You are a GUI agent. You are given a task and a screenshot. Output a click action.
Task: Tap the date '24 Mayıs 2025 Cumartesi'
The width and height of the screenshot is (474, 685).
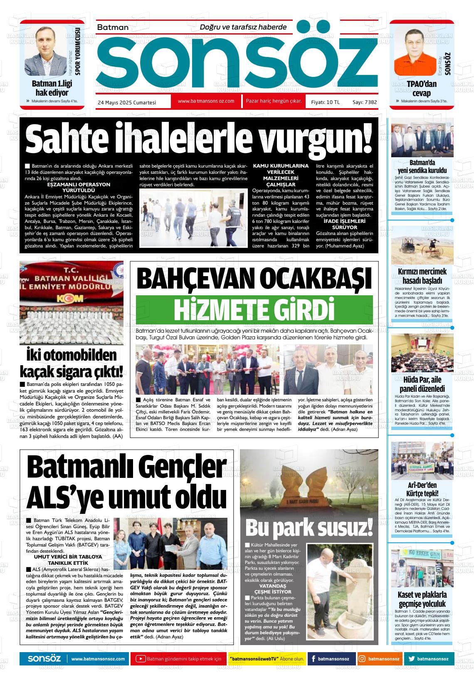[x=127, y=102]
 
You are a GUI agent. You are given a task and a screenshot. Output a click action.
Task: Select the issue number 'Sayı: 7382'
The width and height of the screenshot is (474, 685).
[x=365, y=102]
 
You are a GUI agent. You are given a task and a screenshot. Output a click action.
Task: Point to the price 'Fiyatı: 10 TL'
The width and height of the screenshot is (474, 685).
[x=326, y=102]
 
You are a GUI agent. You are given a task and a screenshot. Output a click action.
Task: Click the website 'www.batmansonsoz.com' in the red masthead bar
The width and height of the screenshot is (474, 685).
[x=206, y=101]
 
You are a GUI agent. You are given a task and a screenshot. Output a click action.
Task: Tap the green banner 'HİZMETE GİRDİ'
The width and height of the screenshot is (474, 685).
[x=254, y=309]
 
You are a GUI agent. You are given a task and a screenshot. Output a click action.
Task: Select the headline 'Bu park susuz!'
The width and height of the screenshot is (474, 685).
[x=309, y=529]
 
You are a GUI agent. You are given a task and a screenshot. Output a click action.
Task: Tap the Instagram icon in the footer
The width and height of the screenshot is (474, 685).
[x=362, y=659]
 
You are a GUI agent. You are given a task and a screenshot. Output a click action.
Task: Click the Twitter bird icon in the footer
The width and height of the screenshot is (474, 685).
[x=411, y=659]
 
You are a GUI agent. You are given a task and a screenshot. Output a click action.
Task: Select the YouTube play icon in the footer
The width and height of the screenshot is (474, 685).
[x=141, y=659]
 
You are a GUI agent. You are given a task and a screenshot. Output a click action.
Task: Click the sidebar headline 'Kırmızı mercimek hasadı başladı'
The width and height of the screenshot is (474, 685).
[x=422, y=276]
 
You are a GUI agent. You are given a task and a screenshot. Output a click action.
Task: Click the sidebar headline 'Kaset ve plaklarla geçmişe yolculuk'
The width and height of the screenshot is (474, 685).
[x=422, y=599]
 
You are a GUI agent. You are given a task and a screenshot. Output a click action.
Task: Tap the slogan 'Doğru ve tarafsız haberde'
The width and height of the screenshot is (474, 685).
[x=243, y=27]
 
